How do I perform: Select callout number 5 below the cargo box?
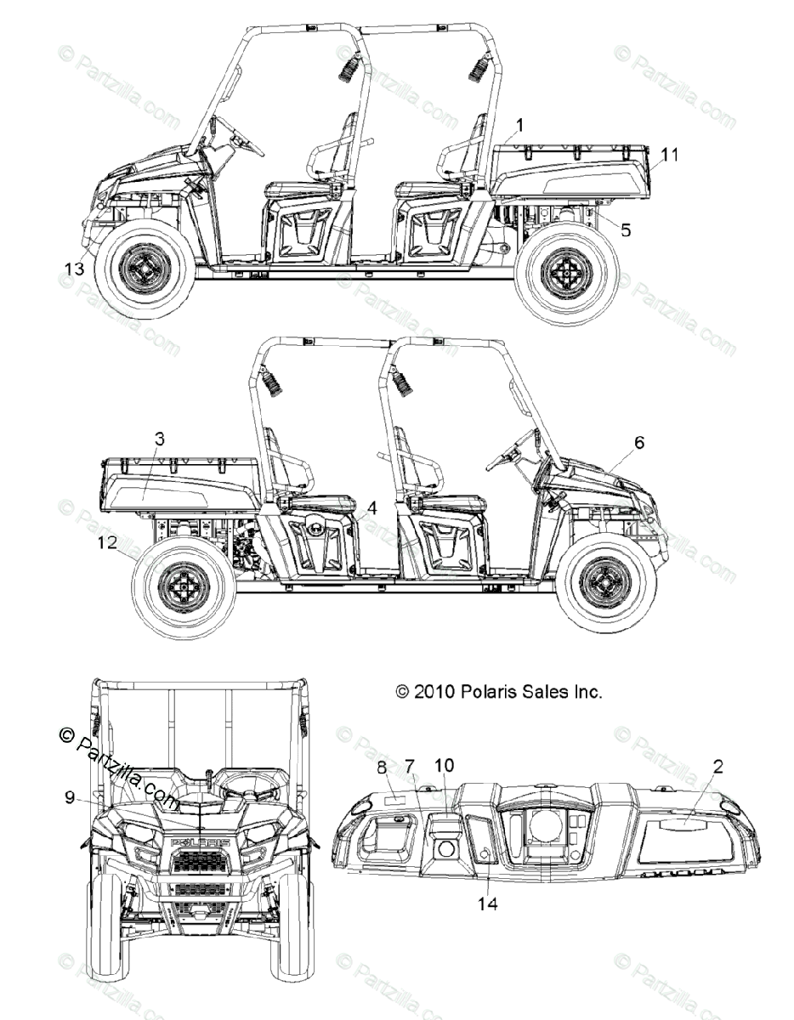coord(626,229)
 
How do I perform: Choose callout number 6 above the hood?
coord(639,442)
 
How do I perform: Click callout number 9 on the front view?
coord(69,796)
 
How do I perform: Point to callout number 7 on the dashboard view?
coord(411,767)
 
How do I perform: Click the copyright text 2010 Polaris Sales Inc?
coord(499,692)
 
